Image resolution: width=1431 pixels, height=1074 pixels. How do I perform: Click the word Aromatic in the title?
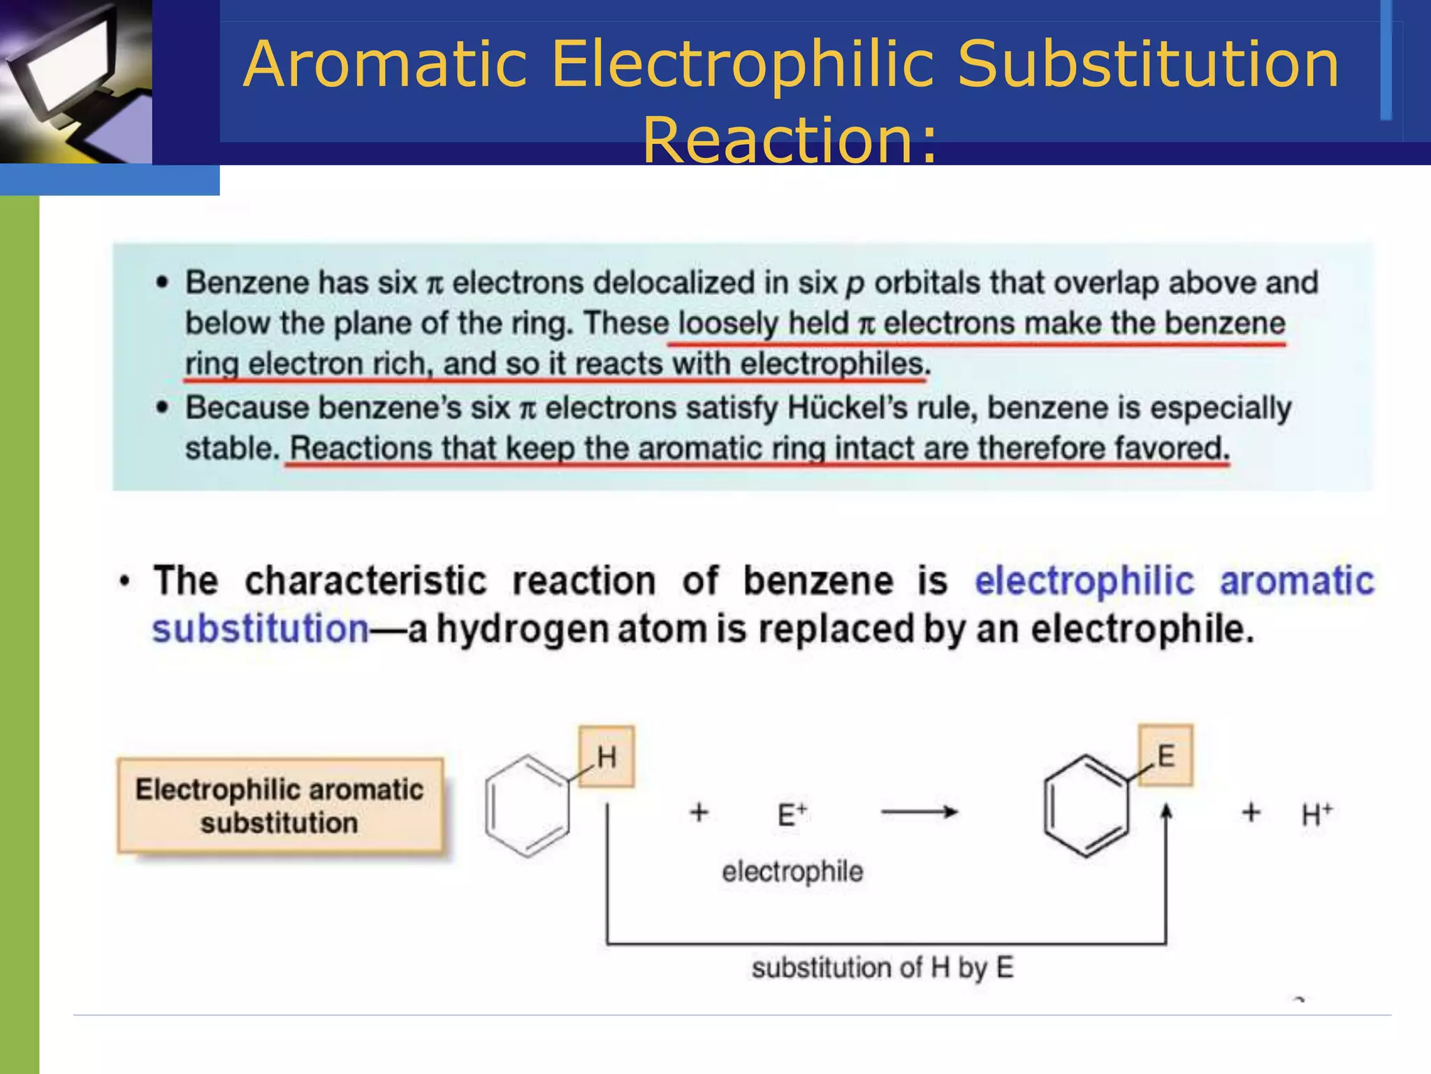pos(385,64)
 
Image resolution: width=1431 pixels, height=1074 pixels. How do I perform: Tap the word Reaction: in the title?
pos(790,141)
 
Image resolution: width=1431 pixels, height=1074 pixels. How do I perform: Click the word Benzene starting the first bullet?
pos(247,282)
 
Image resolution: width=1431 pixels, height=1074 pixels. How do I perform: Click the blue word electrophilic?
pos(1084,581)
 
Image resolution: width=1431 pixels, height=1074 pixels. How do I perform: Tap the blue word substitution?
pos(261,629)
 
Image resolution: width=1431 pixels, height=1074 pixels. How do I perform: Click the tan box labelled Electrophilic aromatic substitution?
pos(279,805)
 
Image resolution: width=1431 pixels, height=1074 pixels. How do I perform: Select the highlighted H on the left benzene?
pos(606,757)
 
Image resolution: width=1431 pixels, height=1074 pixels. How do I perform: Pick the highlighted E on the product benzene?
pos(1165,756)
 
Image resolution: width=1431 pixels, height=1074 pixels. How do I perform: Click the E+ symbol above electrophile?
pos(792,814)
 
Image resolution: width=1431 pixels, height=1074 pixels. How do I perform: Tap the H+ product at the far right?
pos(1317,814)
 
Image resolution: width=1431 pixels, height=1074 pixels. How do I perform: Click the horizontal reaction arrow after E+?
pos(919,812)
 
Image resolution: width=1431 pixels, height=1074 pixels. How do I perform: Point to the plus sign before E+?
pos(699,812)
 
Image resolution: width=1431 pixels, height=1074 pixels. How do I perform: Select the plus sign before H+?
pos(1251,812)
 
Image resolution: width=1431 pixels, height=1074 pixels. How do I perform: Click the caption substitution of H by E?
pos(882,968)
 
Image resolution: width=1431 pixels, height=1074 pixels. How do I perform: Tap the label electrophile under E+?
pos(792,872)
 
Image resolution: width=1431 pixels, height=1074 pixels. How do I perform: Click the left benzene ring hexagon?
pos(528,805)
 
